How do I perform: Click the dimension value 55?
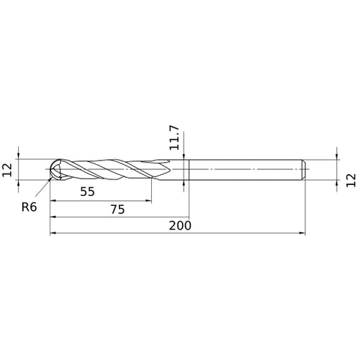87,192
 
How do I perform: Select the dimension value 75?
117,210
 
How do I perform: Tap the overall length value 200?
180,225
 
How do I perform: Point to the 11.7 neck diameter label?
174,138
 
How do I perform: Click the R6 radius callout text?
29,207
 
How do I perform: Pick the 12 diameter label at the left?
7,170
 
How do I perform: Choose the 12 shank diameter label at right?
351,180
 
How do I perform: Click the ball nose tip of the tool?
50,169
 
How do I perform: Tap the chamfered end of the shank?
304,169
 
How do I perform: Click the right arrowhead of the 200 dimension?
302,233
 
